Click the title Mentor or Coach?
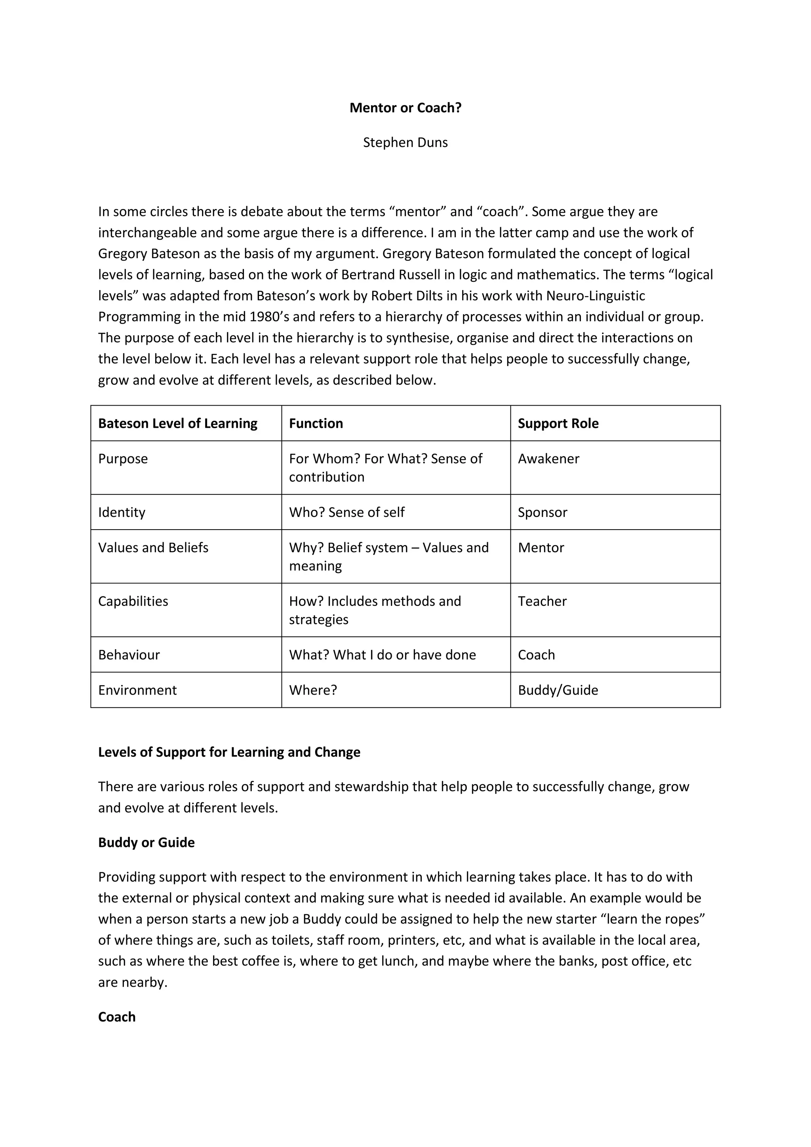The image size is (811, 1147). (405, 108)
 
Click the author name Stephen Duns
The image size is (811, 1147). (405, 142)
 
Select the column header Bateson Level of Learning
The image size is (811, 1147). (177, 423)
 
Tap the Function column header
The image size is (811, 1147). (316, 423)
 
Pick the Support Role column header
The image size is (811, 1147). (558, 423)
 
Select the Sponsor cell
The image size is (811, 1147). (542, 512)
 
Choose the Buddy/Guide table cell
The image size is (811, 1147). (558, 690)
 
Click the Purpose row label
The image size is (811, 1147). (123, 459)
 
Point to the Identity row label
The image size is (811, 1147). (122, 512)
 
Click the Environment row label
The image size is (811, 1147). (137, 690)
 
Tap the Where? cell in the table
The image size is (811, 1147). (313, 690)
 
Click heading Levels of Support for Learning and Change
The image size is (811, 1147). (229, 752)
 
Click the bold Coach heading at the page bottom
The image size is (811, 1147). (116, 1017)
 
